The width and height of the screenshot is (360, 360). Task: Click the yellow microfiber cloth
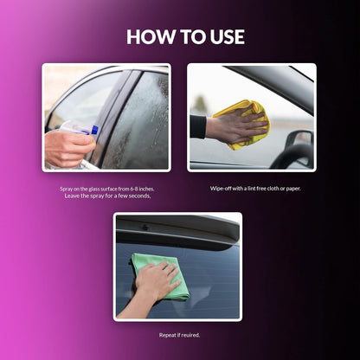244,125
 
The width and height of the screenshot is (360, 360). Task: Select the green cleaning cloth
160,276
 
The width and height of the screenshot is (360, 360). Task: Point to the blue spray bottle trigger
94,130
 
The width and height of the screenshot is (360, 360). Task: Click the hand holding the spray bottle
68,148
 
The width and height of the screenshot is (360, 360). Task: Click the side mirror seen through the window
299,138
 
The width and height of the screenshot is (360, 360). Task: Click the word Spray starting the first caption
66,190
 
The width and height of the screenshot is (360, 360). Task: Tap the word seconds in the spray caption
139,196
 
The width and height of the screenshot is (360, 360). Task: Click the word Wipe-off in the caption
221,189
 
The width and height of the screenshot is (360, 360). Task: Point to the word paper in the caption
293,189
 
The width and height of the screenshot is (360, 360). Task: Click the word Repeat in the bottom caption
167,335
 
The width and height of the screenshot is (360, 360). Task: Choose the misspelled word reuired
191,335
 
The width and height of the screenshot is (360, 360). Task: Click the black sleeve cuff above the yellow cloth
198,126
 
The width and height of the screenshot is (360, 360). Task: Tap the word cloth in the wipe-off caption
273,189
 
